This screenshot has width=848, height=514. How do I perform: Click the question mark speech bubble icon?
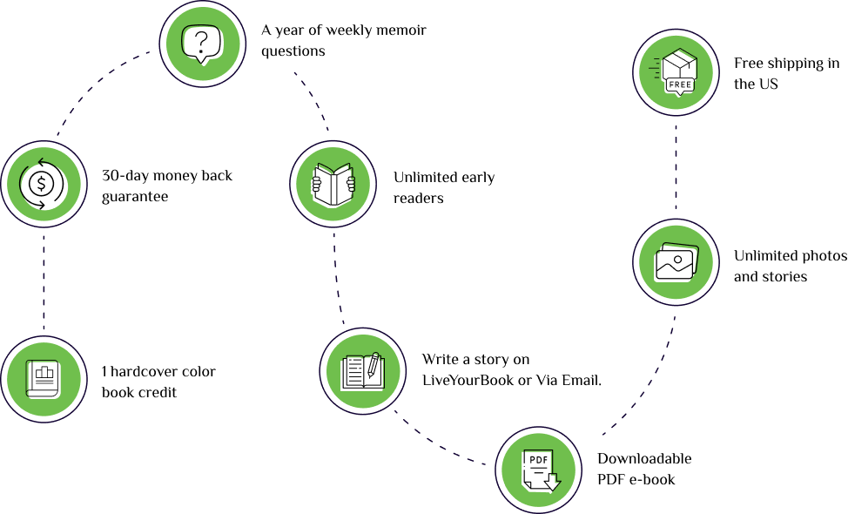click(x=202, y=44)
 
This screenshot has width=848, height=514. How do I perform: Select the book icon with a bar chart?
click(x=44, y=379)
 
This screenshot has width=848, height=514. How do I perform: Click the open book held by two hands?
click(x=333, y=184)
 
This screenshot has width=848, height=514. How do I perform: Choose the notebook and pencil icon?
click(x=363, y=371)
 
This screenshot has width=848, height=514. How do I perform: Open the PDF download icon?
click(x=538, y=470)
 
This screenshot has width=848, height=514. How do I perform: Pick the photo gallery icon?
click(x=676, y=262)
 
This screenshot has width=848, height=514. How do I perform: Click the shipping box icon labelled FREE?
click(x=676, y=72)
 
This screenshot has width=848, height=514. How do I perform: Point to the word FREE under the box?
click(x=680, y=85)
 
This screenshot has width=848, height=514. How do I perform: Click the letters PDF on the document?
click(x=537, y=459)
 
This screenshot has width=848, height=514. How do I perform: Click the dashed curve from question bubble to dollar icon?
click(x=91, y=87)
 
